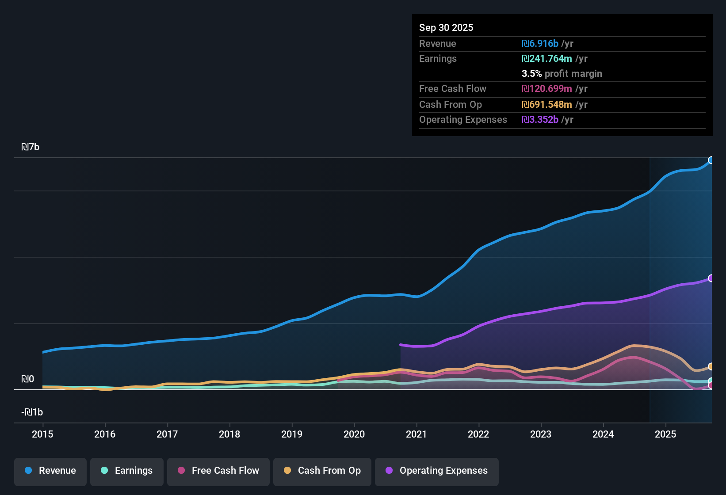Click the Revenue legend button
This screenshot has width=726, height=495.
click(x=50, y=471)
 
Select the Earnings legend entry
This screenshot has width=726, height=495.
click(x=127, y=471)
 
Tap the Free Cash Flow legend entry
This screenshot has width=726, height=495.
click(x=218, y=471)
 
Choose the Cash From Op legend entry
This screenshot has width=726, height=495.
click(x=322, y=471)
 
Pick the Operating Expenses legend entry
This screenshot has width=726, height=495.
click(x=437, y=471)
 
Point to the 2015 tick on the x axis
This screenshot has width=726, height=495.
click(x=42, y=434)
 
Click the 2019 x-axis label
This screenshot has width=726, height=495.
click(x=292, y=434)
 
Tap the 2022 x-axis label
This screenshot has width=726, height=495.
click(x=478, y=434)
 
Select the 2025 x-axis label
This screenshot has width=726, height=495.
click(x=665, y=434)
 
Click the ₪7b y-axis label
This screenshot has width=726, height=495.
click(x=30, y=147)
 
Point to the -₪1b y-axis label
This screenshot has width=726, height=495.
click(x=32, y=412)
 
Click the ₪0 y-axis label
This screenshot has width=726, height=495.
click(x=27, y=379)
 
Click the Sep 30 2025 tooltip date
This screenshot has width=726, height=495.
click(x=446, y=27)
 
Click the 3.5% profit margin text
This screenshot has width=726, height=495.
click(x=562, y=74)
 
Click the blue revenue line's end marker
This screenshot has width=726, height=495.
click(x=711, y=160)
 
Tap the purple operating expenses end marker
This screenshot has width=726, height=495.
click(x=711, y=278)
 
